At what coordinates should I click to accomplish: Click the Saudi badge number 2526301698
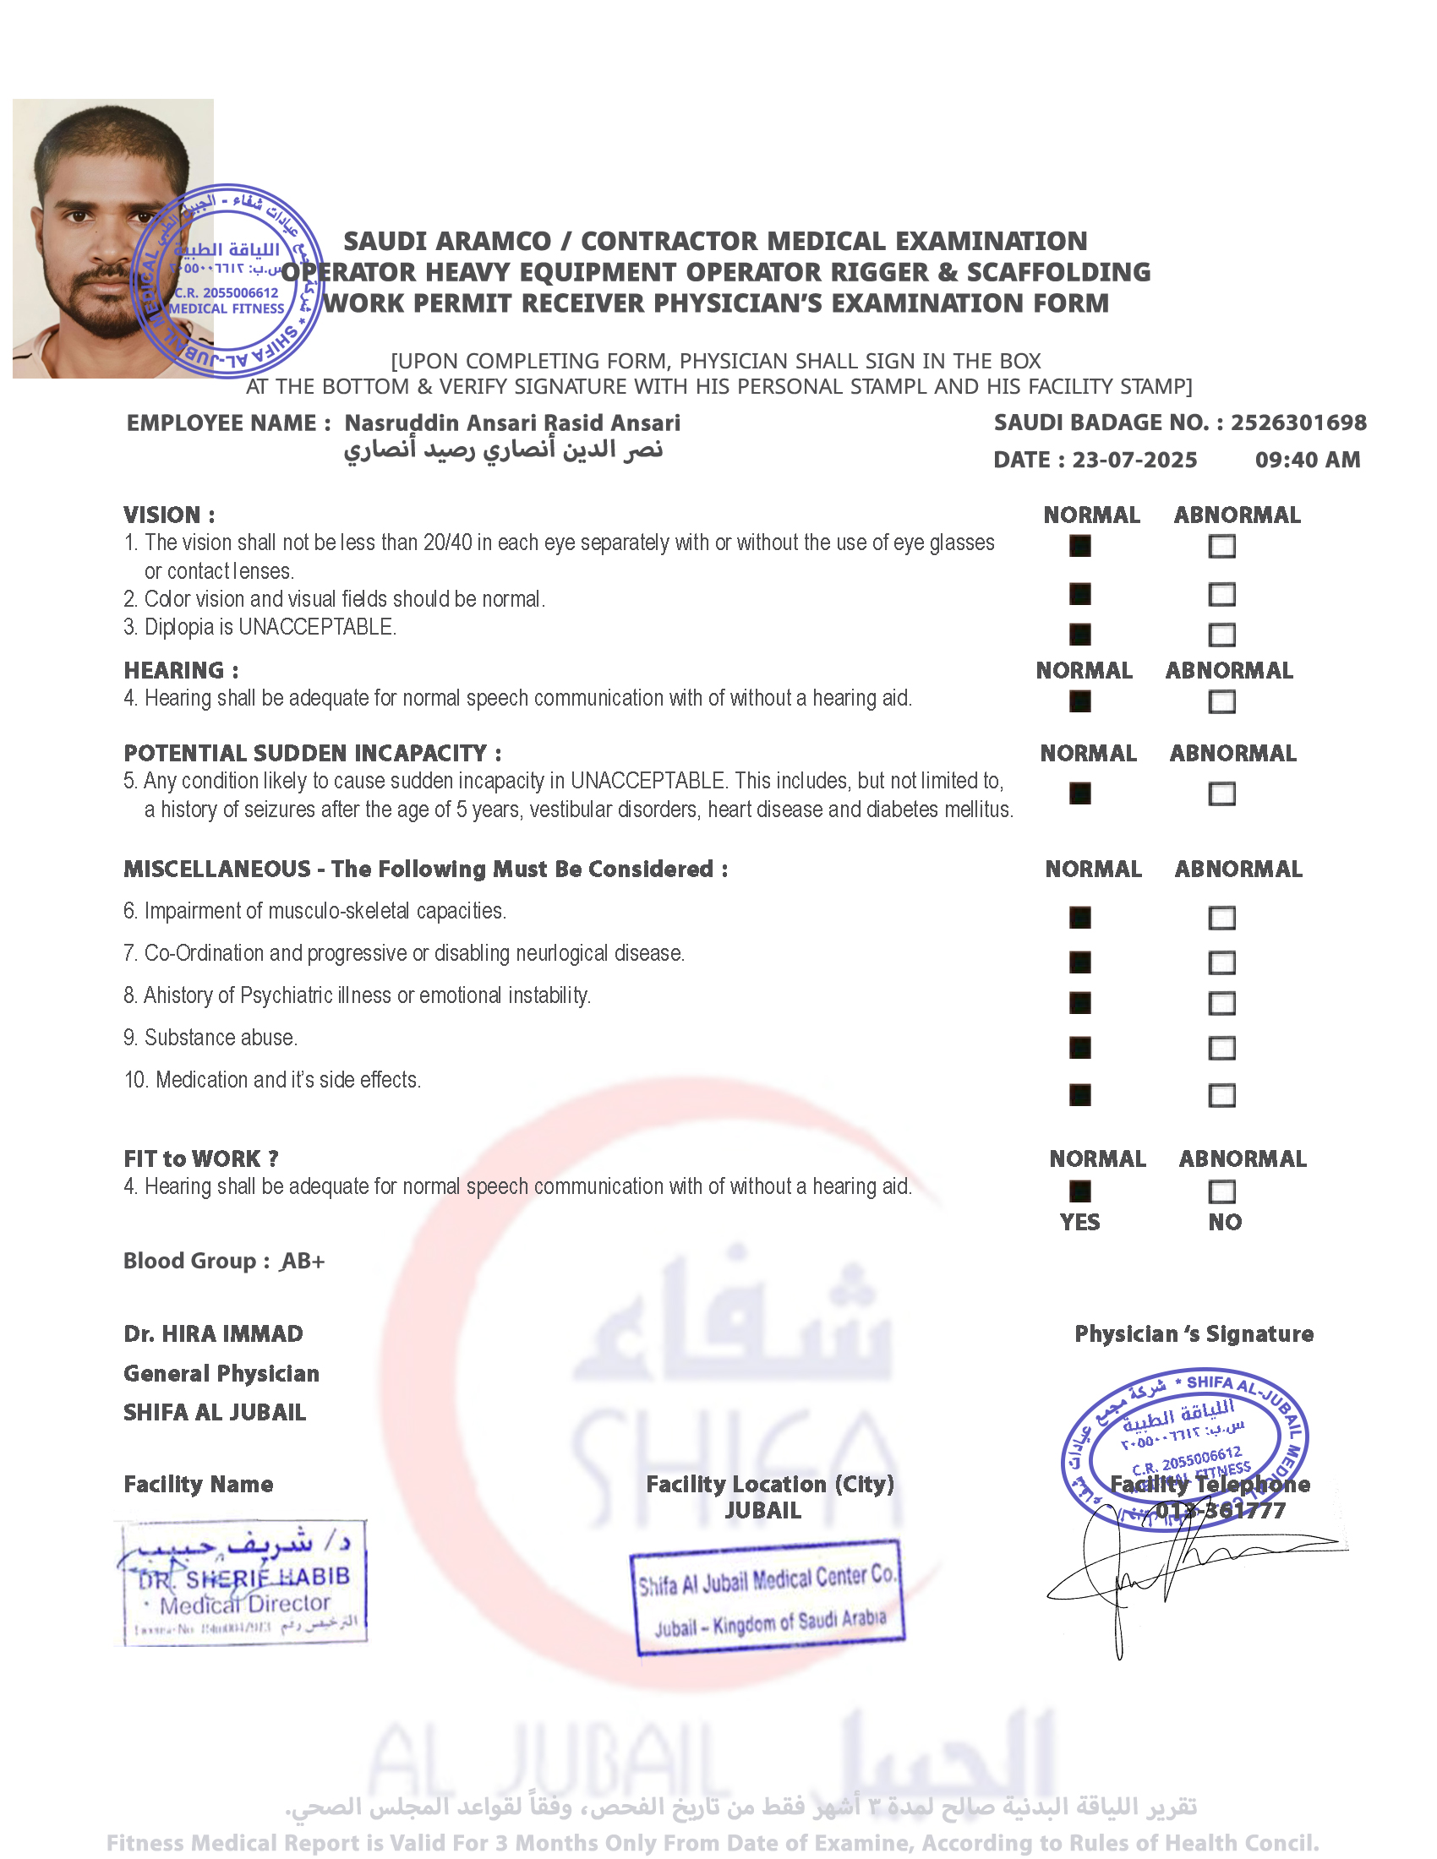tap(1298, 423)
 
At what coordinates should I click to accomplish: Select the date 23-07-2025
tap(1134, 461)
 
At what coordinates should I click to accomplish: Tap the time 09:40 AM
tap(1307, 461)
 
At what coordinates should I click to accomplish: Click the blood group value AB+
tap(304, 1261)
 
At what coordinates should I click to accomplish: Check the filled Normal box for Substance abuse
tap(1079, 1048)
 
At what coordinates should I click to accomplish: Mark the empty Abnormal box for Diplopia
tap(1221, 634)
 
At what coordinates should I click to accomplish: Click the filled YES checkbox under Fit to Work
tap(1079, 1191)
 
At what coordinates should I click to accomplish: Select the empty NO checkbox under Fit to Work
tap(1221, 1191)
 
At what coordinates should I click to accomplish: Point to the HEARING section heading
tap(181, 671)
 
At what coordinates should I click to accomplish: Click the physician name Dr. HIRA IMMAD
tap(213, 1333)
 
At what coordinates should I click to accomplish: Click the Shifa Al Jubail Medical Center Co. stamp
tap(767, 1599)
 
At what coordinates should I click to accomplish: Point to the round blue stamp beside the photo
tap(227, 281)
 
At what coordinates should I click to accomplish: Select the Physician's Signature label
tap(1194, 1333)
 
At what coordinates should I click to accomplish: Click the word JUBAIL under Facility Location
tap(762, 1511)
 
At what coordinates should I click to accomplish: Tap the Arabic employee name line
tap(503, 450)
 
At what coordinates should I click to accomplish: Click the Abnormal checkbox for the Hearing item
tap(1221, 701)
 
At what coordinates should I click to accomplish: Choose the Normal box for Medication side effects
tap(1079, 1094)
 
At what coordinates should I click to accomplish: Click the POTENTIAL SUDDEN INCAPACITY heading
tap(313, 753)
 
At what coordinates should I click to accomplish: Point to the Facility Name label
tap(199, 1485)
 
